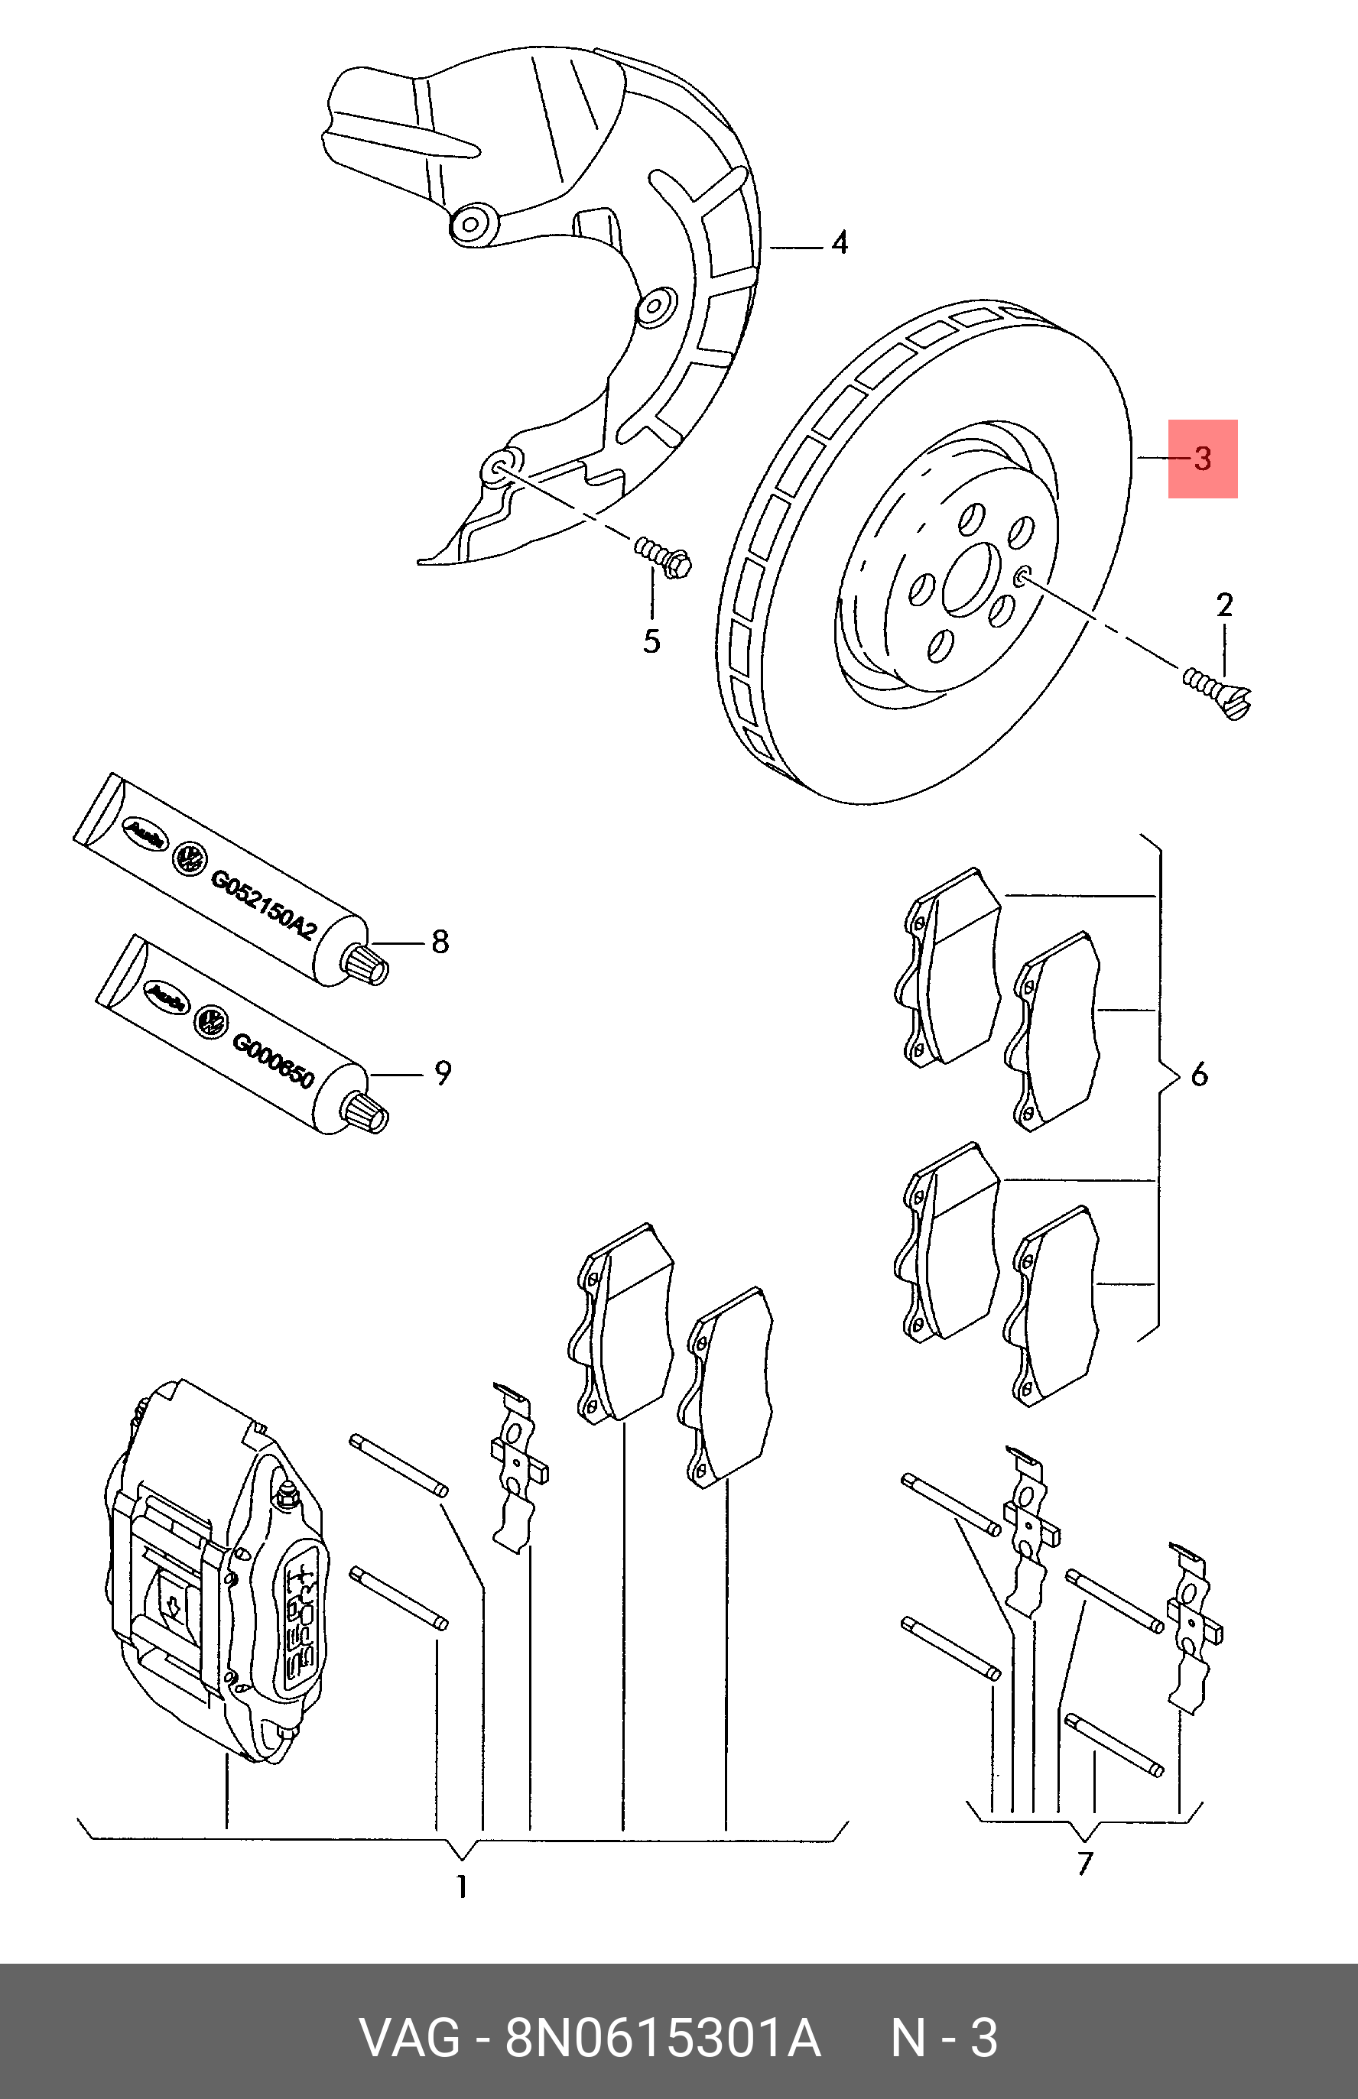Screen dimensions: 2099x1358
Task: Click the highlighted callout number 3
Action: click(1203, 459)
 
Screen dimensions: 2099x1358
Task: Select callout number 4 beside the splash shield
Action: click(840, 242)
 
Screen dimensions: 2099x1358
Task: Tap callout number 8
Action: click(440, 942)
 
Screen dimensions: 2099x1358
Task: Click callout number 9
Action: click(442, 1073)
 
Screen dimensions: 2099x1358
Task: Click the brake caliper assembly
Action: click(212, 1578)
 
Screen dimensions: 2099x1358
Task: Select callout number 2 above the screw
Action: click(1224, 605)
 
